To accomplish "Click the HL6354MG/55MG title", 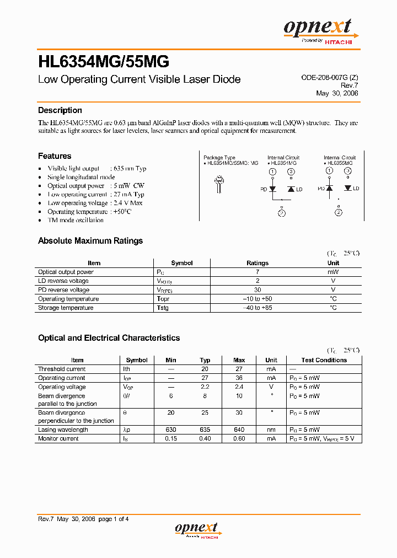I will tap(104, 60).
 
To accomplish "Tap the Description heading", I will tap(60, 110).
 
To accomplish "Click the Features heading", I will tap(55, 156).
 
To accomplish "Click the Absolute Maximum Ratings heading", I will tap(90, 241).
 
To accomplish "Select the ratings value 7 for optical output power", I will tap(257, 272).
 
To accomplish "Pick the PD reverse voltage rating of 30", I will tap(257, 290).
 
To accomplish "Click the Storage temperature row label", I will tap(66, 308).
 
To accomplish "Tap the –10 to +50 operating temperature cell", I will tap(257, 299).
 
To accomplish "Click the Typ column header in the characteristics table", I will tap(205, 360).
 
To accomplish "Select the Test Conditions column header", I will tap(324, 360).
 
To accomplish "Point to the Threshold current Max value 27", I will tap(239, 369).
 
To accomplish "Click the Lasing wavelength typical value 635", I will tap(205, 430).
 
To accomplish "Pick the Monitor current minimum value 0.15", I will tap(171, 438).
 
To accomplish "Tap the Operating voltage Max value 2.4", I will tap(239, 387).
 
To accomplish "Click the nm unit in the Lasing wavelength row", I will tap(271, 430).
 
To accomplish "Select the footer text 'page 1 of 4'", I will tap(114, 519).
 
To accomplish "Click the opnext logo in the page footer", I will tap(197, 530).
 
